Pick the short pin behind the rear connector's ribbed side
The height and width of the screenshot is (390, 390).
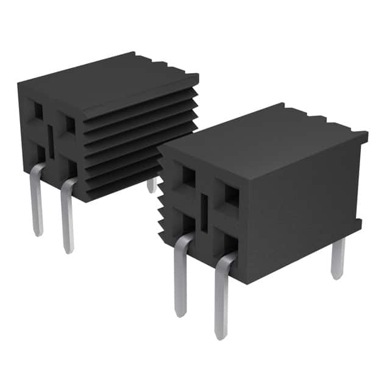(x=151, y=185)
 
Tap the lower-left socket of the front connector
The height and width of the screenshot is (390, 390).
(x=188, y=224)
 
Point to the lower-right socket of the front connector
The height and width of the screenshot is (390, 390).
(x=230, y=243)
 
